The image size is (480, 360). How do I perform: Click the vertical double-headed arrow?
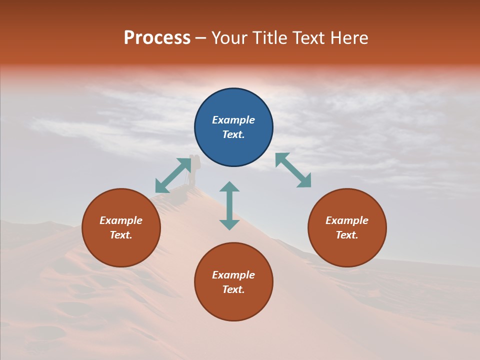tap(229, 205)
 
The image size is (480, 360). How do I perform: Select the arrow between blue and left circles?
tap(173, 175)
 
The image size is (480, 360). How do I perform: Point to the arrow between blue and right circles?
tap(293, 170)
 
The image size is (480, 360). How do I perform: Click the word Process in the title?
tap(157, 38)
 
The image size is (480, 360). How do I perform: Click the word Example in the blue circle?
tap(233, 120)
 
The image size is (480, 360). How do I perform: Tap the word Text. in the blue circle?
tap(233, 134)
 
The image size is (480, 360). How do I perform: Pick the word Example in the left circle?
tap(121, 220)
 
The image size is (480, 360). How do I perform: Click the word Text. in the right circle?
tap(347, 235)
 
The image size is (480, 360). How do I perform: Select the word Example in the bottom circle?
tap(233, 275)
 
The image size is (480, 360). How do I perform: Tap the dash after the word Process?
tap(201, 38)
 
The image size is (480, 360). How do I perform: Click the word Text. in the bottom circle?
tap(233, 289)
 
